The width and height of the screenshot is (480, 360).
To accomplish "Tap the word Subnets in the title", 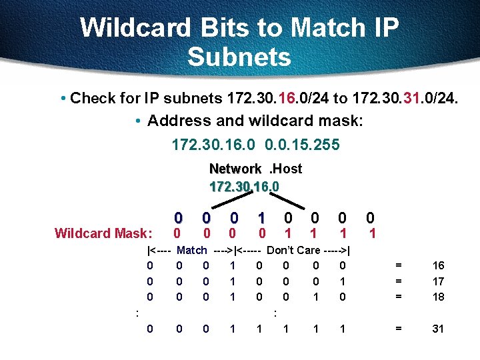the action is point(239,57).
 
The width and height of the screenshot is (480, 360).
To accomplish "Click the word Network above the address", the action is point(235,169).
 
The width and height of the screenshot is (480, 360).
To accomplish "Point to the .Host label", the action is point(285,169).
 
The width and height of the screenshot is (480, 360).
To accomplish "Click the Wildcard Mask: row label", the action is point(103,233).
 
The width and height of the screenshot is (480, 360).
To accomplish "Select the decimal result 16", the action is point(438,265).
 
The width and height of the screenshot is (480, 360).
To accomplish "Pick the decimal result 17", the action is point(438,281).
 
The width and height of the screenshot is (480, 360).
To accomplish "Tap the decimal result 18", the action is point(438,297).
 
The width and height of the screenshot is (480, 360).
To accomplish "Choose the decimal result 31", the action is point(438,329).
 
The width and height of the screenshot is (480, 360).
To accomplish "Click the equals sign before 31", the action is point(399,329).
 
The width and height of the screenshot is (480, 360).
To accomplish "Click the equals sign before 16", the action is point(399,265).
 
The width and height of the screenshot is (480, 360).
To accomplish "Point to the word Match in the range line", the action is point(192,251).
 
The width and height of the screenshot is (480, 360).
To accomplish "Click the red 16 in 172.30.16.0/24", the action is point(285,99).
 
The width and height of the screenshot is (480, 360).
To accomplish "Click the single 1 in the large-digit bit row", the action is point(262,218).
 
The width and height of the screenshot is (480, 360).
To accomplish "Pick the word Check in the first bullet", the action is point(92,99).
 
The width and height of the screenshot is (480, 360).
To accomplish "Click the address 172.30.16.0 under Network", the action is point(244,185).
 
